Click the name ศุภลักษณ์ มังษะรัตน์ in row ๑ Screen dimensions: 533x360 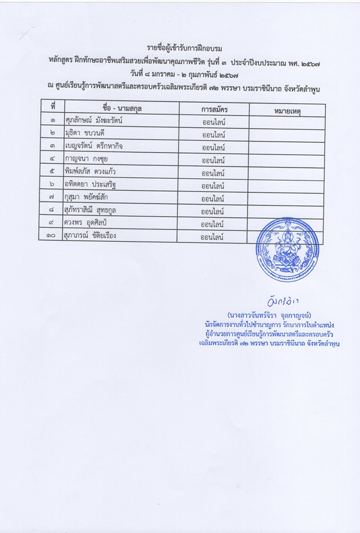point(93,120)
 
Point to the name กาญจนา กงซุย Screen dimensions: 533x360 point(86,159)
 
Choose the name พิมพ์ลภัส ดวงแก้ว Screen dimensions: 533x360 point(90,172)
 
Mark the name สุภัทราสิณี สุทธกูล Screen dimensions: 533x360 point(90,210)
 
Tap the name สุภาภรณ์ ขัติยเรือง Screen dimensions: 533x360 point(90,235)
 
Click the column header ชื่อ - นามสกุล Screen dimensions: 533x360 point(122,108)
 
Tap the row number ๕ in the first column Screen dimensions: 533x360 point(52,172)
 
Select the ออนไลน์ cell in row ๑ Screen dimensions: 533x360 point(214,122)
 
